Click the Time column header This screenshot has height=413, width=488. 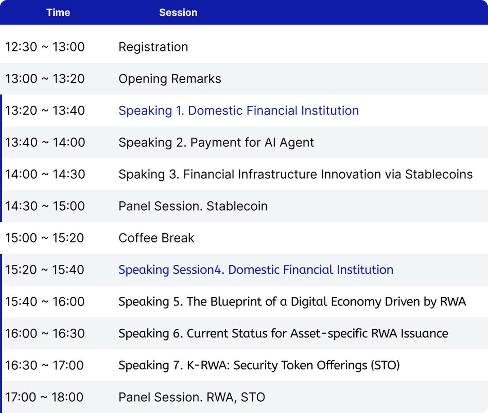(58, 12)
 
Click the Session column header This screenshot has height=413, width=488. (178, 12)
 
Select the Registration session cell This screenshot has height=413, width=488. (153, 47)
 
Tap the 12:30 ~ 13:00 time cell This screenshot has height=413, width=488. (45, 47)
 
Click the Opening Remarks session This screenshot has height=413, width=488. (170, 79)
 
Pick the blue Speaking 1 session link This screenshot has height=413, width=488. (239, 111)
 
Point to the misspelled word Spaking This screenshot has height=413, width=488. (142, 175)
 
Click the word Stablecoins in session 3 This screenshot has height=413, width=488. (439, 174)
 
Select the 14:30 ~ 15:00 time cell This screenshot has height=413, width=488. (45, 206)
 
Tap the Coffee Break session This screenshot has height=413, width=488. (156, 238)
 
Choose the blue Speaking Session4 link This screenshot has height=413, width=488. (256, 270)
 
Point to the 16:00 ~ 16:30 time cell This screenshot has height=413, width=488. (45, 334)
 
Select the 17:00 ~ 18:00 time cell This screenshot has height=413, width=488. (44, 397)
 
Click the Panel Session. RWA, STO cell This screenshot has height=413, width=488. (192, 397)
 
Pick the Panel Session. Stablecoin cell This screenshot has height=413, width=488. (193, 206)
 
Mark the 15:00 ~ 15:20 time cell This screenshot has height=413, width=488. (45, 238)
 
